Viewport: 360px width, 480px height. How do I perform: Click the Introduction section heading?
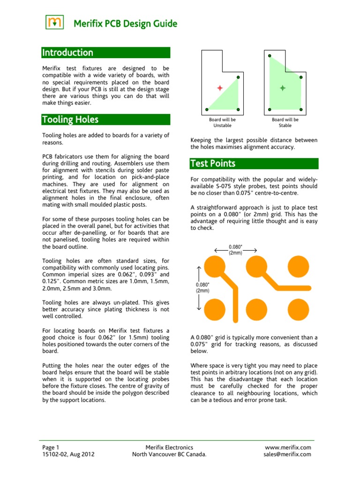coord(67,52)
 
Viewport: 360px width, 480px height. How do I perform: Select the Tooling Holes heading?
coord(70,120)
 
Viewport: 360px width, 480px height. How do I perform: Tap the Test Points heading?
coord(212,164)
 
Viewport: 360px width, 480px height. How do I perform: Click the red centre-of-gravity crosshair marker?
coord(219,88)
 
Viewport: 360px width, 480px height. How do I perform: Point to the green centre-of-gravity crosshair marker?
coord(282,88)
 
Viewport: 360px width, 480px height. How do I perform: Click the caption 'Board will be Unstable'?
coord(222,122)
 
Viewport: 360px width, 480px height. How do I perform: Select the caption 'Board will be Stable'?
coord(285,122)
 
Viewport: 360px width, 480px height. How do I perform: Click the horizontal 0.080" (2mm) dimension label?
coord(235,249)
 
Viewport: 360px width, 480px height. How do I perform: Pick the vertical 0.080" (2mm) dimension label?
coord(202,287)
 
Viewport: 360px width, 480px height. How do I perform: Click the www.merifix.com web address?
coord(288,447)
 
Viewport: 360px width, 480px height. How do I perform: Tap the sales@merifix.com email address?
coord(287,454)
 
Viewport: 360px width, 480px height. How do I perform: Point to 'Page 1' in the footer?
coord(50,447)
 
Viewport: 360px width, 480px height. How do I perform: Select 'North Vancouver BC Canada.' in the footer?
coord(169,454)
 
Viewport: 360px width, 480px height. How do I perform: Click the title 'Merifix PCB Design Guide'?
coord(124,23)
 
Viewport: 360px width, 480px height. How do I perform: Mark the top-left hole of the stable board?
coord(270,56)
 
